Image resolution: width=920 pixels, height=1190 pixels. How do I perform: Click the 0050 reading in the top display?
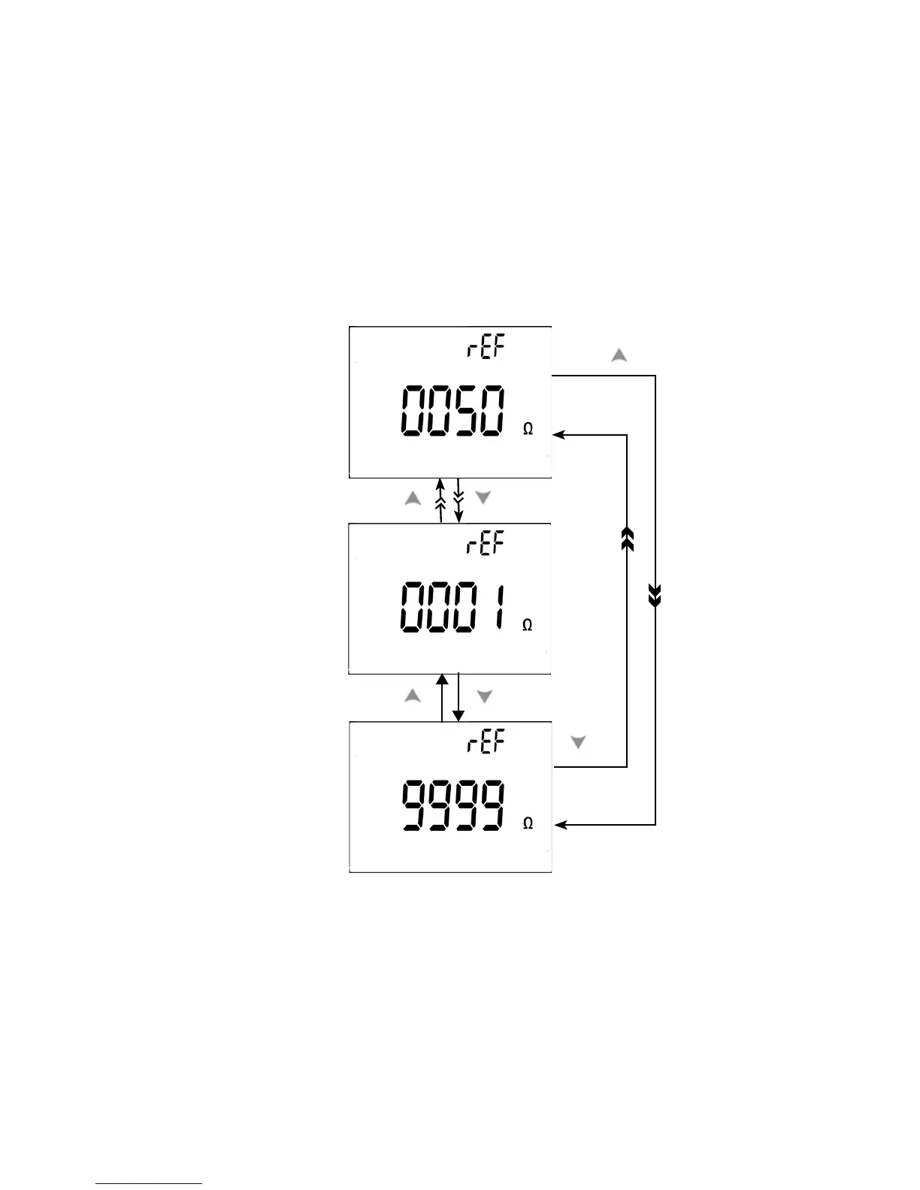452,411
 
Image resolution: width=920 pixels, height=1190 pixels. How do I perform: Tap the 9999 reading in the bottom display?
452,805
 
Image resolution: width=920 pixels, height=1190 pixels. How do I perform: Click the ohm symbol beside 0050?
528,429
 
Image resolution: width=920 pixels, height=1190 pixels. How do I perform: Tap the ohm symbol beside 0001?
528,625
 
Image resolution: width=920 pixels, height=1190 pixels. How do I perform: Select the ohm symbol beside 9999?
528,824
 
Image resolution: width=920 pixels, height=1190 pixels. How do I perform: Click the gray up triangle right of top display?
619,356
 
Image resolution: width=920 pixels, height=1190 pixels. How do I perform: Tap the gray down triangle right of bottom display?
578,742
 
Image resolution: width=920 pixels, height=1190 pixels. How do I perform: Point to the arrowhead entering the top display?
558,435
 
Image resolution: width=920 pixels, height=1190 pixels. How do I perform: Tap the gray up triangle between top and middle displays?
413,498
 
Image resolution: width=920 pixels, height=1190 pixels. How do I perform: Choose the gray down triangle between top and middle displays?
483,497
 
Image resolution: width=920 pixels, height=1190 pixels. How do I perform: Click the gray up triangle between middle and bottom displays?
413,696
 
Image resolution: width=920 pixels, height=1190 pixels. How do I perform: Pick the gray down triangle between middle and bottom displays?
485,696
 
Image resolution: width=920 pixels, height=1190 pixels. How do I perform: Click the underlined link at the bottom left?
149,1183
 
